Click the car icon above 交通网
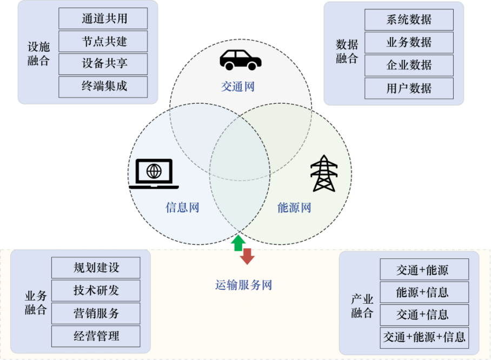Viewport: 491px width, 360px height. (x=240, y=59)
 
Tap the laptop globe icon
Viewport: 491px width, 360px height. (x=154, y=174)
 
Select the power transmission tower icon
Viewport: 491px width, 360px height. (x=323, y=174)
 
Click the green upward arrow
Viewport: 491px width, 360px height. (x=237, y=243)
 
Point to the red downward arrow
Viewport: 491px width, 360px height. (x=247, y=256)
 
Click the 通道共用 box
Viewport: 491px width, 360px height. (x=103, y=18)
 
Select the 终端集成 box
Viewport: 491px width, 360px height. (x=103, y=86)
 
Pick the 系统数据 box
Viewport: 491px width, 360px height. (x=409, y=20)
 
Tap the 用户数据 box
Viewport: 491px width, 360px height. (x=409, y=88)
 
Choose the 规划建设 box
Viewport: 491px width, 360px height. (x=96, y=268)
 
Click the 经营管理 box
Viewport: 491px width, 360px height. (x=96, y=336)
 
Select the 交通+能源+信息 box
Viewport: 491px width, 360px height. (x=424, y=338)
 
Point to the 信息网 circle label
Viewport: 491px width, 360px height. (x=182, y=208)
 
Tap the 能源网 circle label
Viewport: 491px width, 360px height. (x=294, y=208)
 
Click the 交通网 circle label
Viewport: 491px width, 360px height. (x=237, y=86)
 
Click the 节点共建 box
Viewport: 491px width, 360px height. (x=103, y=41)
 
